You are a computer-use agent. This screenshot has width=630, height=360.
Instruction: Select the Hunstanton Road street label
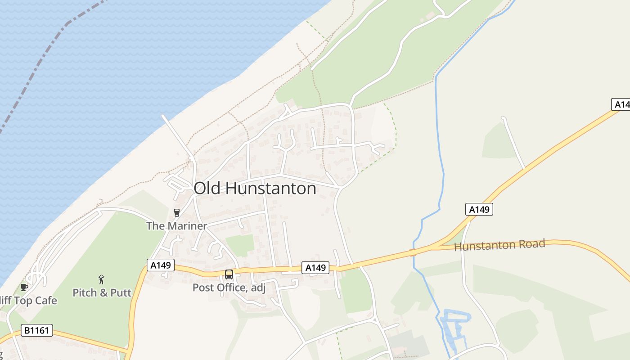coord(499,245)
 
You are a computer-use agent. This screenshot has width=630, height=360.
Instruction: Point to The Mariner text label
coord(176,226)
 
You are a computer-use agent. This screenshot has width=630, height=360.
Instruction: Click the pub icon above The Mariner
coord(176,213)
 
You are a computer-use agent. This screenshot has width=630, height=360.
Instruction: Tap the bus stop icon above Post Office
coord(229,274)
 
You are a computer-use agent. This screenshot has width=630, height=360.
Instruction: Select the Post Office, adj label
coord(229,288)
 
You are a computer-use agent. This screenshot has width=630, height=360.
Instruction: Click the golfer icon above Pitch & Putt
coord(102,279)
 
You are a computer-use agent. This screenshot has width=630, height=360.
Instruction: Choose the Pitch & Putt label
coord(102,293)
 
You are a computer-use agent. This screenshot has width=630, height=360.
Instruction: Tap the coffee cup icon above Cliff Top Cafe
coord(24,287)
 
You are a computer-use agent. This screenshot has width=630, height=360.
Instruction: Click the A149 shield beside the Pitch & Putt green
coord(160,265)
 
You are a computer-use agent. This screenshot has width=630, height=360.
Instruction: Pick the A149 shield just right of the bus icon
coord(315,268)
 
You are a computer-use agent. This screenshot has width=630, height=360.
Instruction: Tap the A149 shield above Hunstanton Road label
coord(479,209)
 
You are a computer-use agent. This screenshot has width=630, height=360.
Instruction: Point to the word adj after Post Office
coord(257,288)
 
